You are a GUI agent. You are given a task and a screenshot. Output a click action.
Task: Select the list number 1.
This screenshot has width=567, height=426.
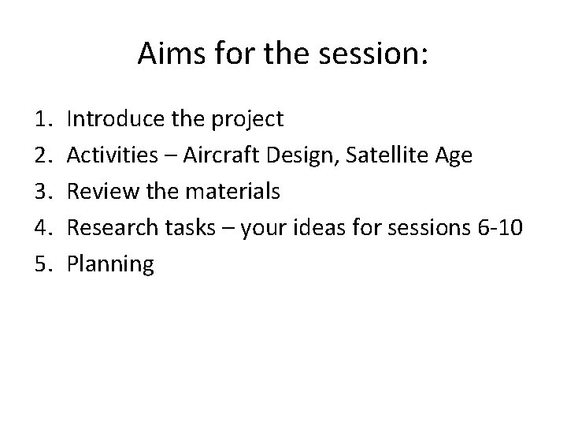pos(42,119)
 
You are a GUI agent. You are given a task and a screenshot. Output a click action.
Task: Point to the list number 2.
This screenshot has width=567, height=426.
pos(42,155)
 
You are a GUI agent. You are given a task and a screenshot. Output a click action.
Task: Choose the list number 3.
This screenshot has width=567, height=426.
pos(42,192)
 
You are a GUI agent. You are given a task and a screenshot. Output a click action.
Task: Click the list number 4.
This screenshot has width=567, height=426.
pos(42,228)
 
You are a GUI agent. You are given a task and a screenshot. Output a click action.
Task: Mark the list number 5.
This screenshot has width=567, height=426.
pos(42,264)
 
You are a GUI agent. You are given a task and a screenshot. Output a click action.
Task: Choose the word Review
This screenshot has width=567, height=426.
pos(98,192)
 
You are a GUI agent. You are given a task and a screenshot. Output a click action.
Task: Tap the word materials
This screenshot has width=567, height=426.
pos(235,192)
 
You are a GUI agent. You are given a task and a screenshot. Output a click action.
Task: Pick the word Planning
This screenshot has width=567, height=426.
pos(110,265)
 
